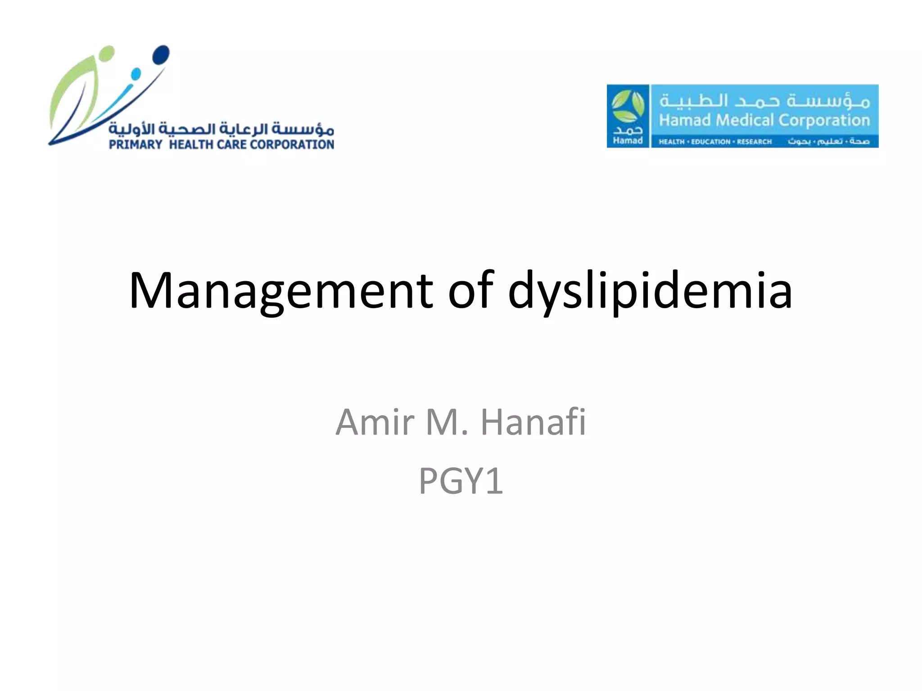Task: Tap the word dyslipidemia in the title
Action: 650,291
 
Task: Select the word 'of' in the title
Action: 471,291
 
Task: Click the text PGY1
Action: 461,481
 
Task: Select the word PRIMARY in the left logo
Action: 136,144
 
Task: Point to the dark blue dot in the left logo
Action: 161,55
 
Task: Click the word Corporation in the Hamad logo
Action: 824,120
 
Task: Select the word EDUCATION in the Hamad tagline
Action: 710,142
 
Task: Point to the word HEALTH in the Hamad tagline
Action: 671,142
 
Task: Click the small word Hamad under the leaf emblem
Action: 628,140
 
